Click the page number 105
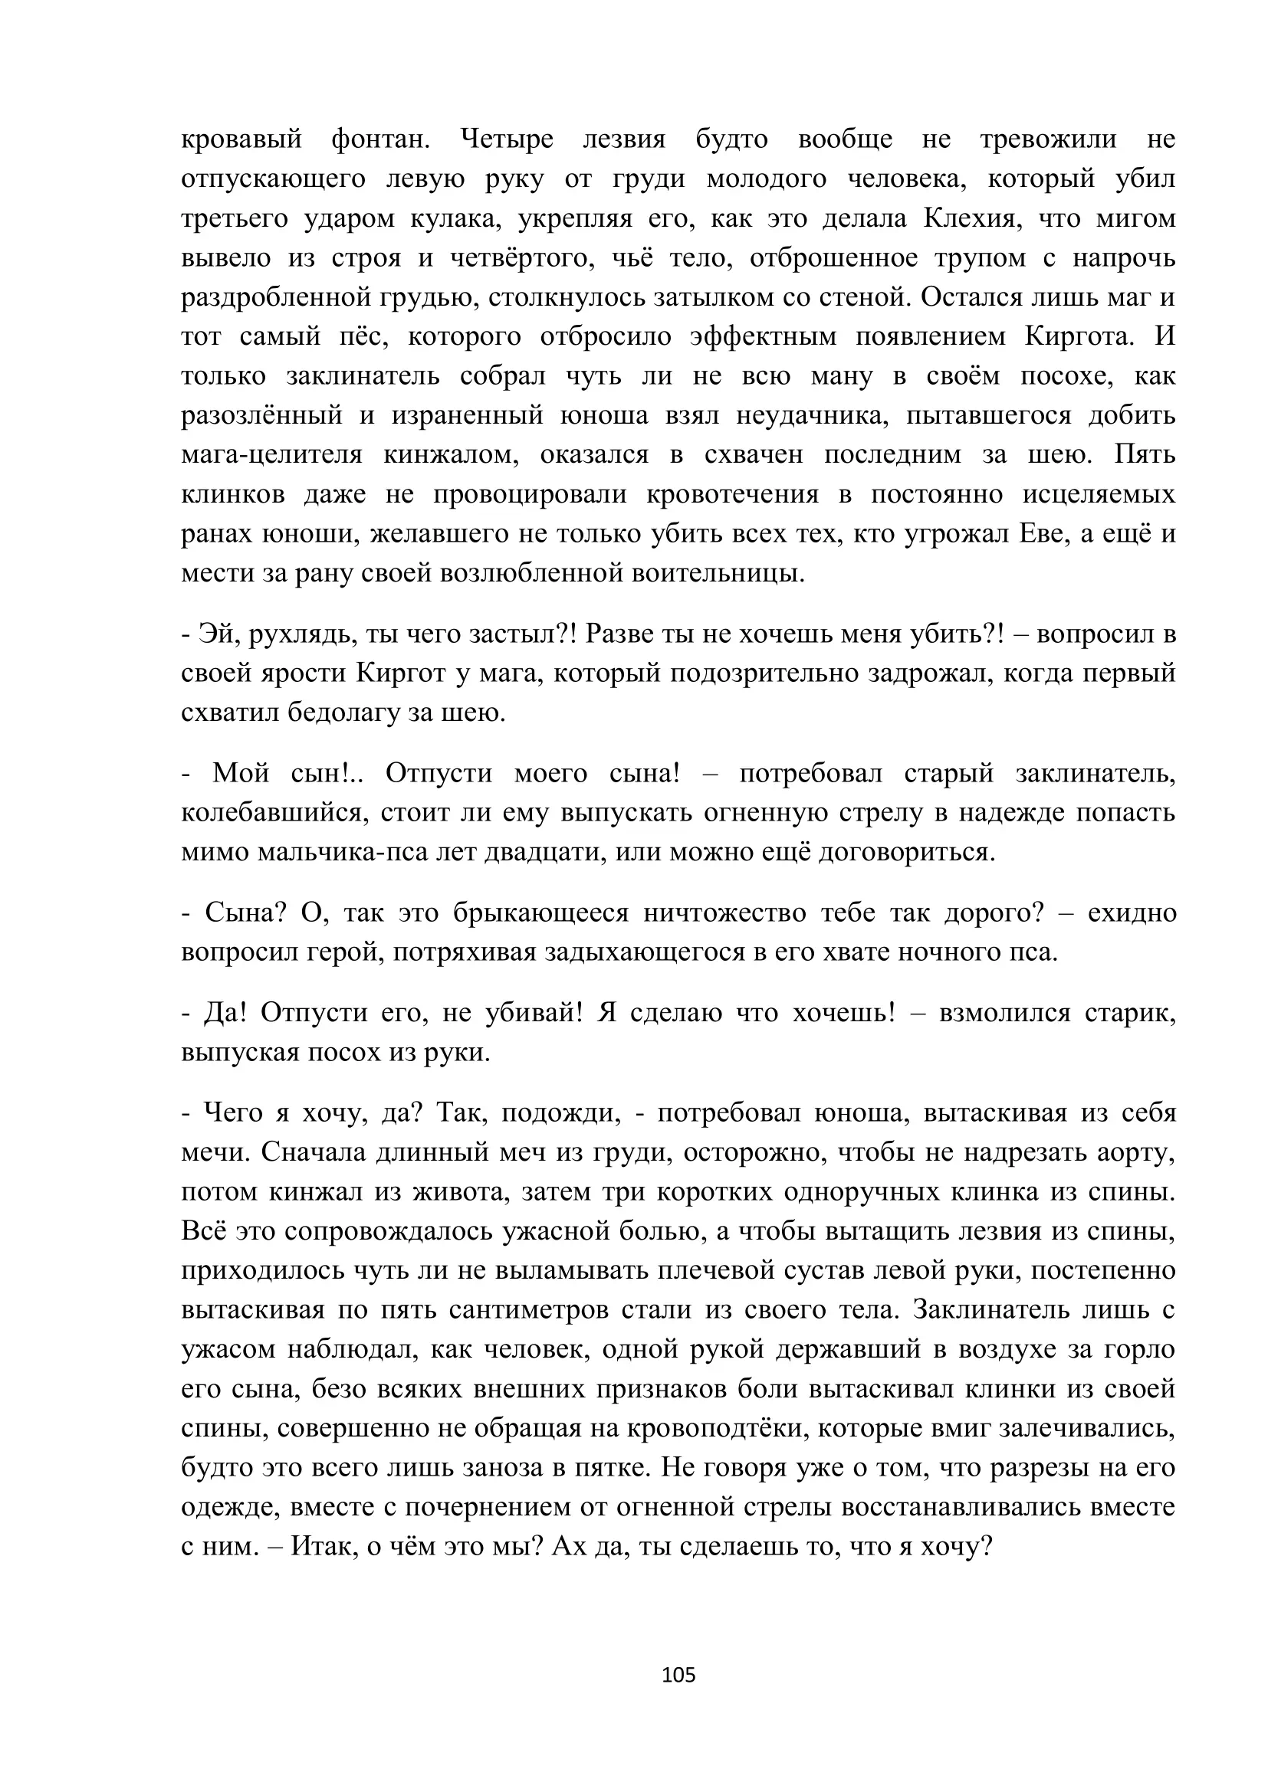coord(678,1674)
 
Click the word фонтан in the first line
coord(381,139)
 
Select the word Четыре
coord(507,139)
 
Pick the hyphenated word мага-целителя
coord(271,455)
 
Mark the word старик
coord(1130,1013)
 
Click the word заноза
coord(502,1468)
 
